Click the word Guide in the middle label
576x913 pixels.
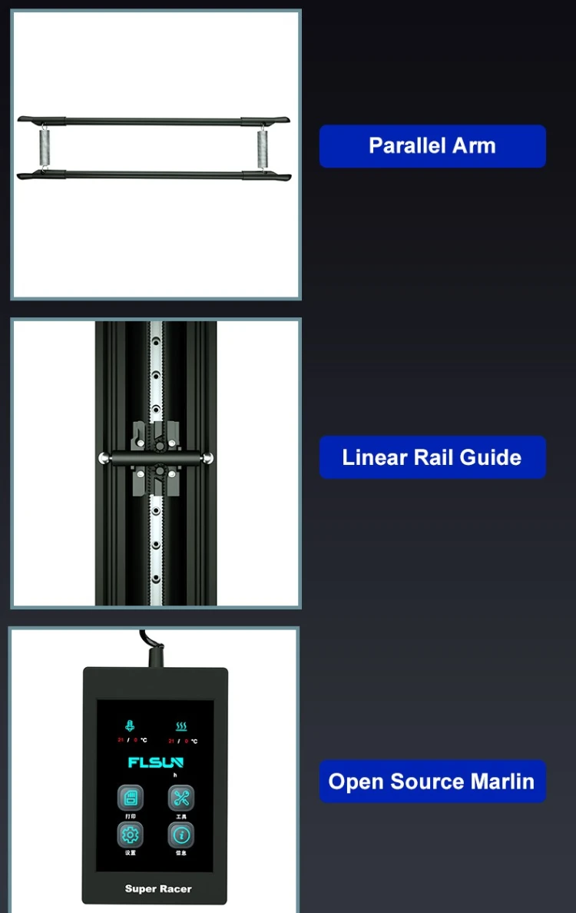pyautogui.click(x=491, y=457)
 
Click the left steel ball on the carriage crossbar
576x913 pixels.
pyautogui.click(x=102, y=459)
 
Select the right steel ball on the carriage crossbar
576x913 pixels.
pyautogui.click(x=208, y=459)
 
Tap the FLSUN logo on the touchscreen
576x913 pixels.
pyautogui.click(x=156, y=763)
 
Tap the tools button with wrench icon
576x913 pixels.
pyautogui.click(x=181, y=798)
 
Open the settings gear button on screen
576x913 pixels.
pyautogui.click(x=130, y=835)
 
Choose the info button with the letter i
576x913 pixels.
pyautogui.click(x=181, y=835)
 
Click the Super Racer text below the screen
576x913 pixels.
pyautogui.click(x=158, y=889)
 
